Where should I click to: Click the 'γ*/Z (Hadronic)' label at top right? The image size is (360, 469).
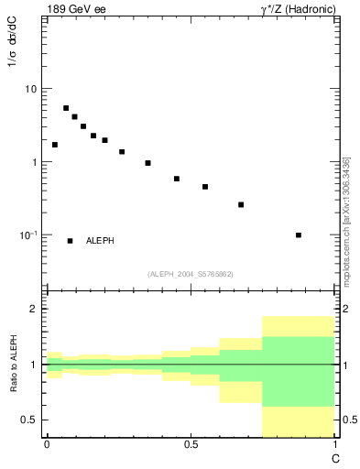coord(292,9)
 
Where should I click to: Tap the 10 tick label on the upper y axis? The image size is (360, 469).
coord(31,89)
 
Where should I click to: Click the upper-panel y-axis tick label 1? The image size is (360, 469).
coord(35,162)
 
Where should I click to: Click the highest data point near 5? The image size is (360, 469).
coord(66,108)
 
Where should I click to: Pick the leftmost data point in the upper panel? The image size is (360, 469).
coord(55,145)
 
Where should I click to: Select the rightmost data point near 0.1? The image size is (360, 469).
coord(299,235)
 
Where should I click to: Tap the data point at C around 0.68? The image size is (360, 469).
coord(241,204)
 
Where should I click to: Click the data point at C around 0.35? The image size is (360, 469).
coord(147,163)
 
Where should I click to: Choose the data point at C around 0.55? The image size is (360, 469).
coord(205,187)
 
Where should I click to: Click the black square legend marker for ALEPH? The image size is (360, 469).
coord(70,241)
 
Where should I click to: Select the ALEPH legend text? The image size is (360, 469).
coord(100,241)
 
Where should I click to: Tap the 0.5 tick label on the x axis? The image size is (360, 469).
coord(191,443)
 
